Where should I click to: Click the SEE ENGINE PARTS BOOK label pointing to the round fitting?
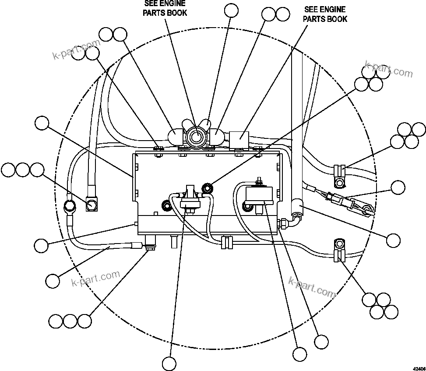click(165, 9)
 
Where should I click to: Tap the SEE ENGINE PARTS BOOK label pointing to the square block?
click(325, 14)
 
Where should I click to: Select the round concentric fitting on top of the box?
click(195, 136)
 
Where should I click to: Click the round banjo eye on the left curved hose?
click(69, 205)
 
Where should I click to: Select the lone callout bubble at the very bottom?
click(169, 363)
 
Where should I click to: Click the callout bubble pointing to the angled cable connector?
click(398, 187)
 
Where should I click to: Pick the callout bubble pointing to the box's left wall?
click(42, 124)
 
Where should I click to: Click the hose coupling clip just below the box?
click(227, 242)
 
